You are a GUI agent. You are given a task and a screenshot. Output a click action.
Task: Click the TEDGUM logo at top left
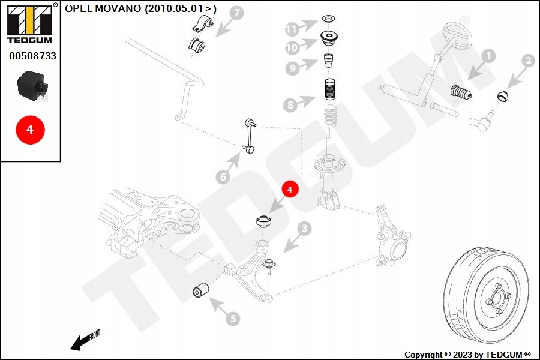[x=30, y=23]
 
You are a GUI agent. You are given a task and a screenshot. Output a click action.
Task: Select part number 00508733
[x=32, y=56]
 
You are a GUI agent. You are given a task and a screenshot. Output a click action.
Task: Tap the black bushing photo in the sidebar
[x=33, y=86]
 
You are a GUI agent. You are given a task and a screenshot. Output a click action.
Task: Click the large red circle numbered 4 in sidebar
[x=31, y=130]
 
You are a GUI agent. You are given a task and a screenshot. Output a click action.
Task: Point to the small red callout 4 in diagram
[x=290, y=189]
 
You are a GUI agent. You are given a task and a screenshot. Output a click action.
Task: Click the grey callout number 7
[x=236, y=13]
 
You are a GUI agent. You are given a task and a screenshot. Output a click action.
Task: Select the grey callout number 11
[x=292, y=29]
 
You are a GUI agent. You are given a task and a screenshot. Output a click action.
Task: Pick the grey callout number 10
[x=292, y=47]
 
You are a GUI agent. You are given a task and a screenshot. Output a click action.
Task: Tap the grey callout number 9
[x=292, y=68]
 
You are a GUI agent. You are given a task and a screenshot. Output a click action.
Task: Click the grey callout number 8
[x=290, y=105]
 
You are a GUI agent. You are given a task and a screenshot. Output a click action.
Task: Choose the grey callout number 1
[x=488, y=56]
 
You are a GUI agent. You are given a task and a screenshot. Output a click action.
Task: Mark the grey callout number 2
[x=528, y=61]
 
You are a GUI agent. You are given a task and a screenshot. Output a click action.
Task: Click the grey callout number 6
[x=223, y=177]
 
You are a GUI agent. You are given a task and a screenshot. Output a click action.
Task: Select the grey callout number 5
[x=233, y=319]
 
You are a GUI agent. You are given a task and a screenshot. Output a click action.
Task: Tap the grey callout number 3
[x=304, y=228]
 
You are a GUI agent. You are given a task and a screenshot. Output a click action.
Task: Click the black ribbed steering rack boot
[x=461, y=92]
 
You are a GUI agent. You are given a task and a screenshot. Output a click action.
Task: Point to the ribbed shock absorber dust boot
[x=330, y=89]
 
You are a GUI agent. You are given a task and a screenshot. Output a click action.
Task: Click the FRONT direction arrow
[x=85, y=340]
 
